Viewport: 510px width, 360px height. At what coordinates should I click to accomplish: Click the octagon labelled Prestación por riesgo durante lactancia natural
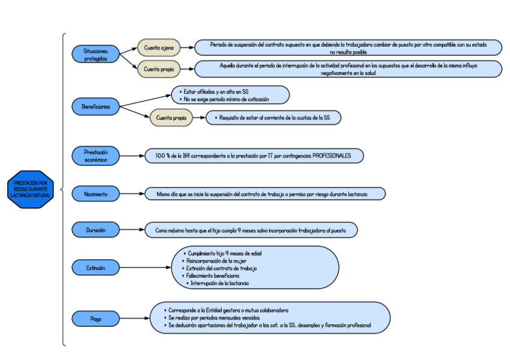(31, 189)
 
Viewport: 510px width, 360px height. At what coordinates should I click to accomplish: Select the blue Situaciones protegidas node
(96, 55)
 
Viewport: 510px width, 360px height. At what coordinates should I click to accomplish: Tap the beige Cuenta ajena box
(159, 47)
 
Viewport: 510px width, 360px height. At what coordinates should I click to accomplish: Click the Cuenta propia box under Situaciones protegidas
(159, 69)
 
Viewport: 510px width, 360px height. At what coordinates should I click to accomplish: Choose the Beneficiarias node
(96, 107)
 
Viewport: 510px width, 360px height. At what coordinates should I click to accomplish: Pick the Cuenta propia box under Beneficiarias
(171, 118)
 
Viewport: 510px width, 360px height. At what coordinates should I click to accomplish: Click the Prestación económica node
(96, 156)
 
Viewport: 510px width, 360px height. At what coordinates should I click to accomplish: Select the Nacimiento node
(96, 194)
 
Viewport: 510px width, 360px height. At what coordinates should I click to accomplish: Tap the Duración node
(96, 230)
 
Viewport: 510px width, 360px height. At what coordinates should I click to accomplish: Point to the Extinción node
(96, 267)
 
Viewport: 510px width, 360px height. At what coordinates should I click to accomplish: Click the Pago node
(96, 319)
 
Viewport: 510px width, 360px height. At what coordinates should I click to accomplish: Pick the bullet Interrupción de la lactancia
(220, 283)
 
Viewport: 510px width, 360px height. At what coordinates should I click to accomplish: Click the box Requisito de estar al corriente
(273, 118)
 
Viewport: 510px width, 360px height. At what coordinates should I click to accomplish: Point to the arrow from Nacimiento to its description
(132, 194)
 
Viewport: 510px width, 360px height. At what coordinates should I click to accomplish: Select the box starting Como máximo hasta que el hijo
(251, 230)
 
